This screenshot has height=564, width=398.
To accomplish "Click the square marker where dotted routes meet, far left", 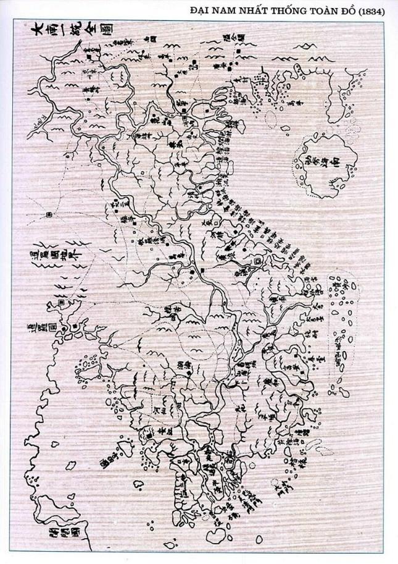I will [x=48, y=215].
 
